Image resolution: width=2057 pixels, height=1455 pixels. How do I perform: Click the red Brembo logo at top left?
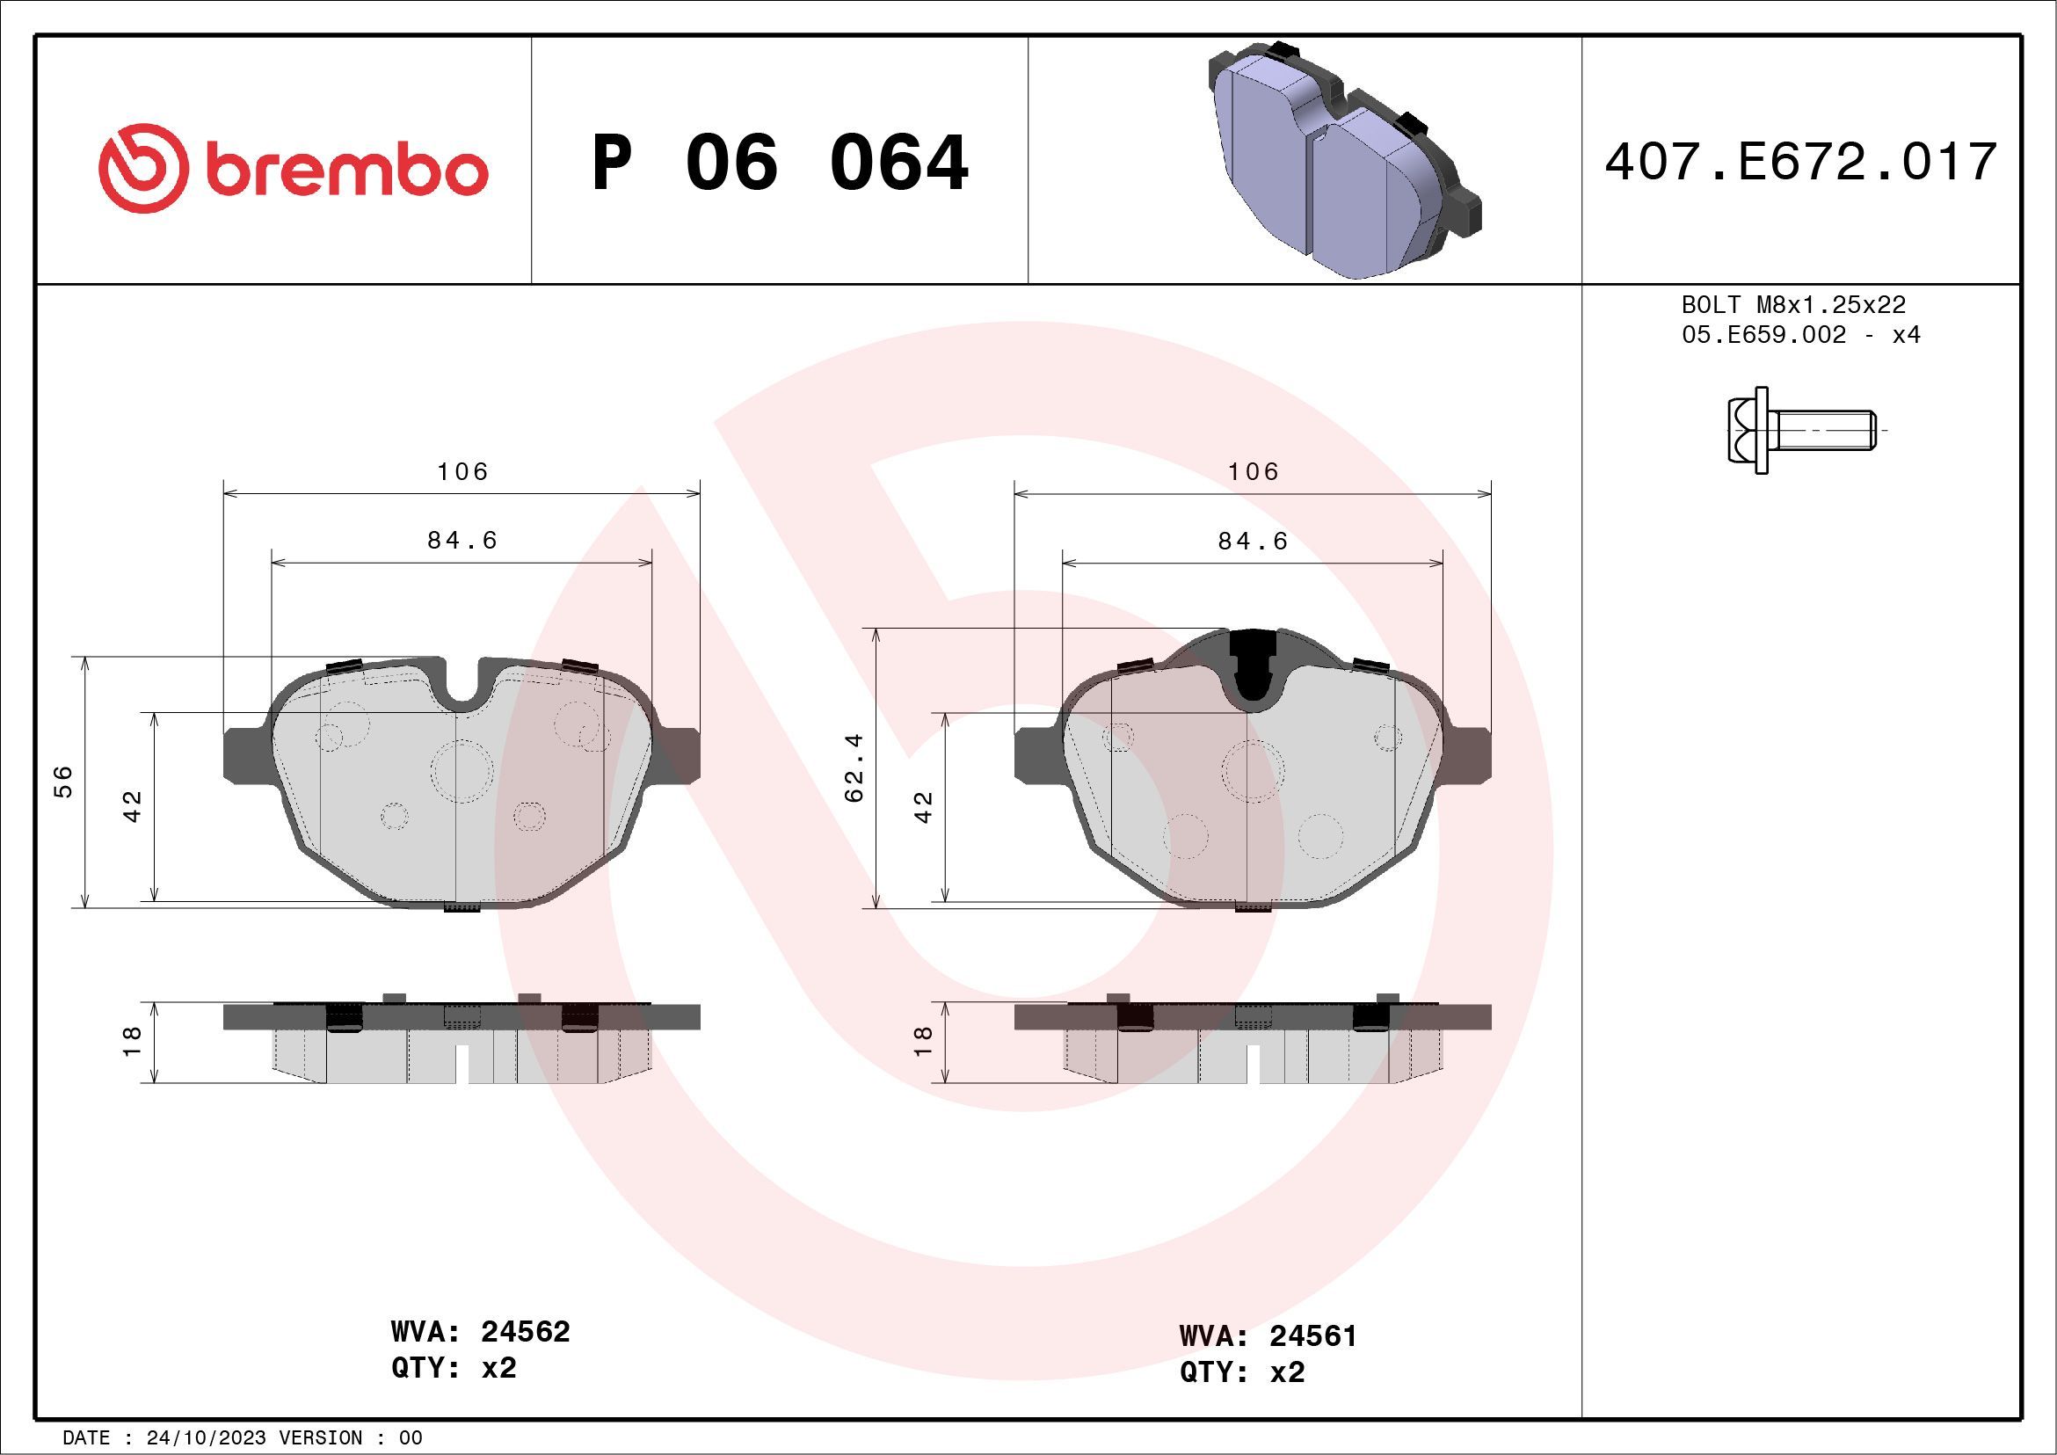tap(292, 170)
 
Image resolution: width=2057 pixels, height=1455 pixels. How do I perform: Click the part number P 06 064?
tap(780, 163)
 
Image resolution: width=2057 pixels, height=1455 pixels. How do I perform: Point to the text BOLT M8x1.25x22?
tap(1792, 304)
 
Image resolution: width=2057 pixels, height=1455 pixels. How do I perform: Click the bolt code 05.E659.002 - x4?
tap(1801, 335)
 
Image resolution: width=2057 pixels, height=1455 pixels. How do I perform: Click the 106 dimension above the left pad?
tap(462, 471)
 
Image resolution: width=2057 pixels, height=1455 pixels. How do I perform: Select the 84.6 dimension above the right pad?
tap(1253, 542)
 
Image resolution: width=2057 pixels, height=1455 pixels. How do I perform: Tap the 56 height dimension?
tap(63, 782)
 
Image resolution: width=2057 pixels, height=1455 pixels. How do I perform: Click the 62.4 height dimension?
tap(854, 767)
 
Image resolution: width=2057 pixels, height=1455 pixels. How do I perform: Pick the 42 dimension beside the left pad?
tap(133, 806)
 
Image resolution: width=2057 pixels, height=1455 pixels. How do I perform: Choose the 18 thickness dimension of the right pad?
tap(923, 1041)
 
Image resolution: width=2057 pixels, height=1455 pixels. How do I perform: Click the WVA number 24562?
tap(525, 1331)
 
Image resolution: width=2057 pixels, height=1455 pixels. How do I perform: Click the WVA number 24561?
tap(1313, 1335)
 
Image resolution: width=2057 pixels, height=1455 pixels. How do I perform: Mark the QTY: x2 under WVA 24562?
tap(454, 1368)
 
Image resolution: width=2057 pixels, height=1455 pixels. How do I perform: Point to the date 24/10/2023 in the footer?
tap(205, 1438)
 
